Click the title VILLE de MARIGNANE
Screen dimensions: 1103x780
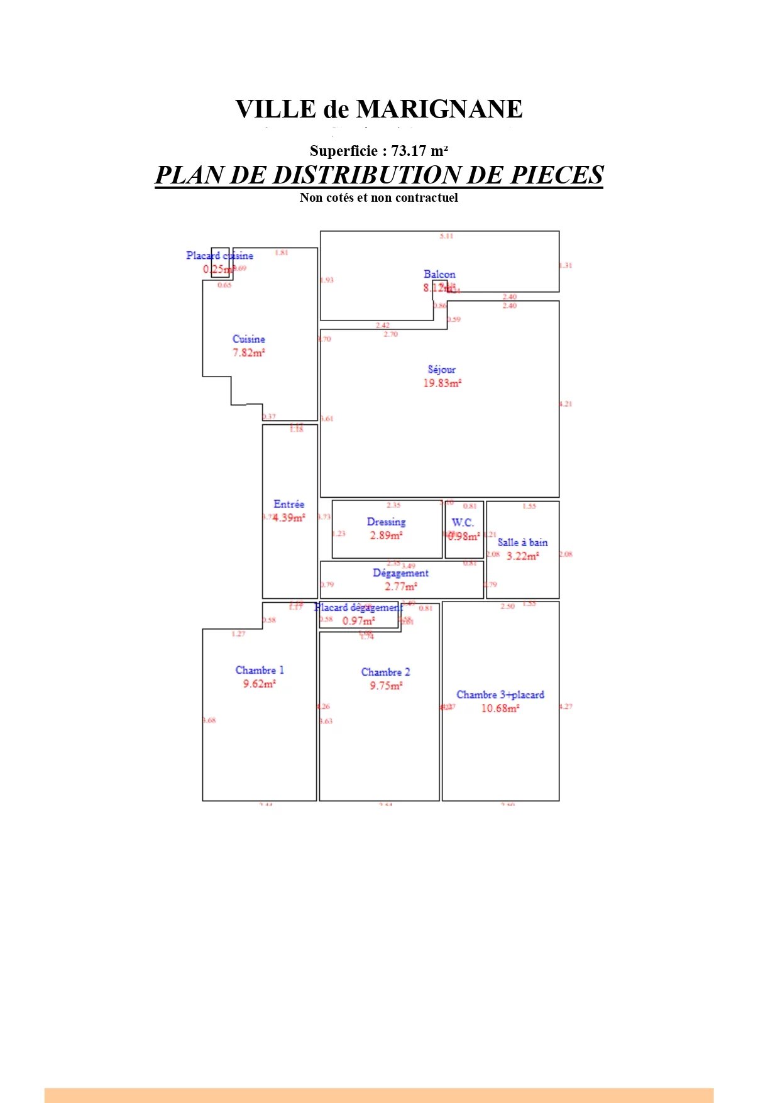click(379, 109)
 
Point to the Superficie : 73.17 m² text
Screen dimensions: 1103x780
click(379, 151)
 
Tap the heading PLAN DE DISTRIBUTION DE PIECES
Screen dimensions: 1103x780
click(379, 175)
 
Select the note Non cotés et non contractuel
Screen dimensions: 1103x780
click(379, 197)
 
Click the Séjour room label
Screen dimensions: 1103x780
click(441, 370)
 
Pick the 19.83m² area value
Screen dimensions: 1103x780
click(442, 383)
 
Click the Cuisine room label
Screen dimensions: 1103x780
click(249, 339)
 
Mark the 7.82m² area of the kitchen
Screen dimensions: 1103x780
click(249, 353)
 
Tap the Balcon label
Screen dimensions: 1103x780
click(439, 274)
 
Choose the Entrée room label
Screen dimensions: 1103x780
click(289, 504)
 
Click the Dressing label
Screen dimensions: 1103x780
click(386, 522)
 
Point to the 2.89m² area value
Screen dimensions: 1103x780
click(386, 535)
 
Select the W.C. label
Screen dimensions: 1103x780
click(463, 522)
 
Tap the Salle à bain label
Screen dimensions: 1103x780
click(522, 542)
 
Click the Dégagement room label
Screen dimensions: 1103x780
click(400, 573)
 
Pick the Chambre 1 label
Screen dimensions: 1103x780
click(260, 670)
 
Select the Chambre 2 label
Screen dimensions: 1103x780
click(385, 672)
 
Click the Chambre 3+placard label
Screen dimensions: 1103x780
click(500, 694)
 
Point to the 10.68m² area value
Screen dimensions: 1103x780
click(500, 708)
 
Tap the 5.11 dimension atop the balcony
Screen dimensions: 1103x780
click(446, 236)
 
